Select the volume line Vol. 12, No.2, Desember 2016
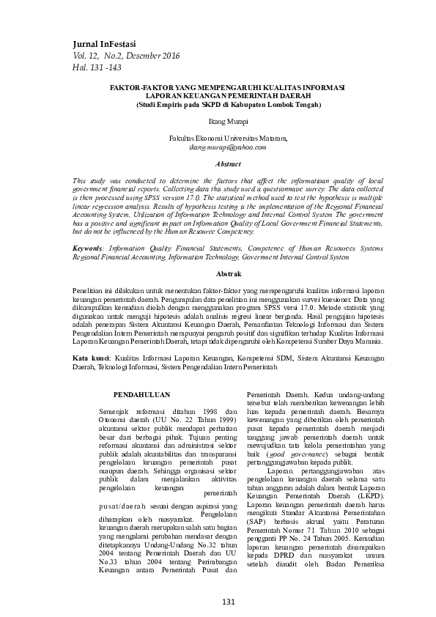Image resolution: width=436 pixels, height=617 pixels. [x=125, y=56]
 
